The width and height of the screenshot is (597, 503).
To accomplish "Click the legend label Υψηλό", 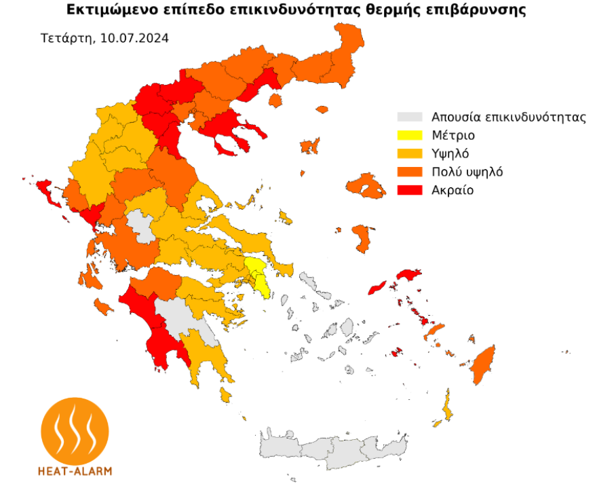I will [x=450, y=153].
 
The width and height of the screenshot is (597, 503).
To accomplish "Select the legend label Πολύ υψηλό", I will [x=467, y=172].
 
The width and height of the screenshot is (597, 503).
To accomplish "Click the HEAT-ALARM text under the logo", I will [x=75, y=470].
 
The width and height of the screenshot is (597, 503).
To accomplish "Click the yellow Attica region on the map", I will [x=258, y=273].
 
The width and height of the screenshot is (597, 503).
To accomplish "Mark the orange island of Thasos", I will [x=275, y=100].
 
